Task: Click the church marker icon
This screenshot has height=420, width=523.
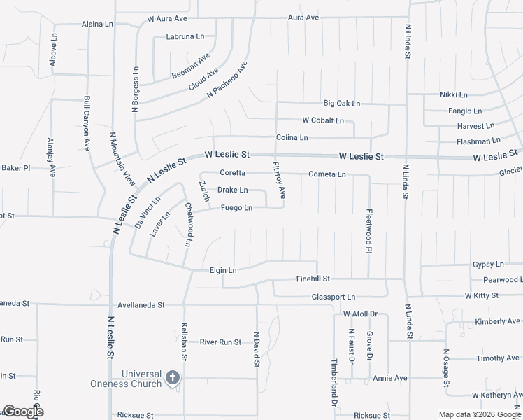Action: [173, 379]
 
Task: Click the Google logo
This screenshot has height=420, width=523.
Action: [23, 411]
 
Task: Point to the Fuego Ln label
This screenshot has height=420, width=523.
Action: [236, 207]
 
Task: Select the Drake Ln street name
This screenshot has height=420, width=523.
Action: [232, 190]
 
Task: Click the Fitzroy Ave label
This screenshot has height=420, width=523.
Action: [279, 179]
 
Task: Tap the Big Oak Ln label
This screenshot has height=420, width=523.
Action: [341, 104]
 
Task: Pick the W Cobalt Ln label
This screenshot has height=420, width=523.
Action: [323, 120]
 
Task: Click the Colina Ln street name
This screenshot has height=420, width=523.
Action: [292, 137]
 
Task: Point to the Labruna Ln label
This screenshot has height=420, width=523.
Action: [185, 36]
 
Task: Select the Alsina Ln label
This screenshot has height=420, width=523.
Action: [97, 23]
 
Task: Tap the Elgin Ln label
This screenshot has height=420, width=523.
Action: [223, 270]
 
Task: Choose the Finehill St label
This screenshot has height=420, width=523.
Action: [313, 279]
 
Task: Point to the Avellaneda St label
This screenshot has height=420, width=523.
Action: [141, 305]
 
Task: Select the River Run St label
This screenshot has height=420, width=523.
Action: [220, 342]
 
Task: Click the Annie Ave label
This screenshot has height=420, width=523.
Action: [389, 378]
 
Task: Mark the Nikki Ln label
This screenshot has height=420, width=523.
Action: [454, 94]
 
